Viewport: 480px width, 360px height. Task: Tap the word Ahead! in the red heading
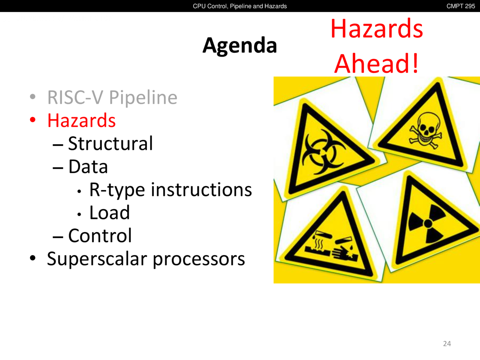[x=376, y=64]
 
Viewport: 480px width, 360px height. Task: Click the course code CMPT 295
[x=460, y=6]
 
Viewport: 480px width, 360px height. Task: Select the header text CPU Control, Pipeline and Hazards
[x=240, y=6]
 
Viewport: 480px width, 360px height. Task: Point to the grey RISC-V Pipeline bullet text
[x=112, y=97]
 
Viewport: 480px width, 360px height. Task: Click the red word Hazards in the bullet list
[x=81, y=120]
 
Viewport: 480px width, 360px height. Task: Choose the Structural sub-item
[x=110, y=143]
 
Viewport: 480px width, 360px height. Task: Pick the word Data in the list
[x=88, y=166]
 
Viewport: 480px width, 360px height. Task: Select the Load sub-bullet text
[x=109, y=213]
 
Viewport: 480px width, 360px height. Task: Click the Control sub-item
[x=100, y=235]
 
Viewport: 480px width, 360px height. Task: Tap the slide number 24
[x=447, y=344]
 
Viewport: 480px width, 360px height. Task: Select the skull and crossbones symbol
[x=425, y=130]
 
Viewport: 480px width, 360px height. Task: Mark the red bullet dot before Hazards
[x=33, y=120]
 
